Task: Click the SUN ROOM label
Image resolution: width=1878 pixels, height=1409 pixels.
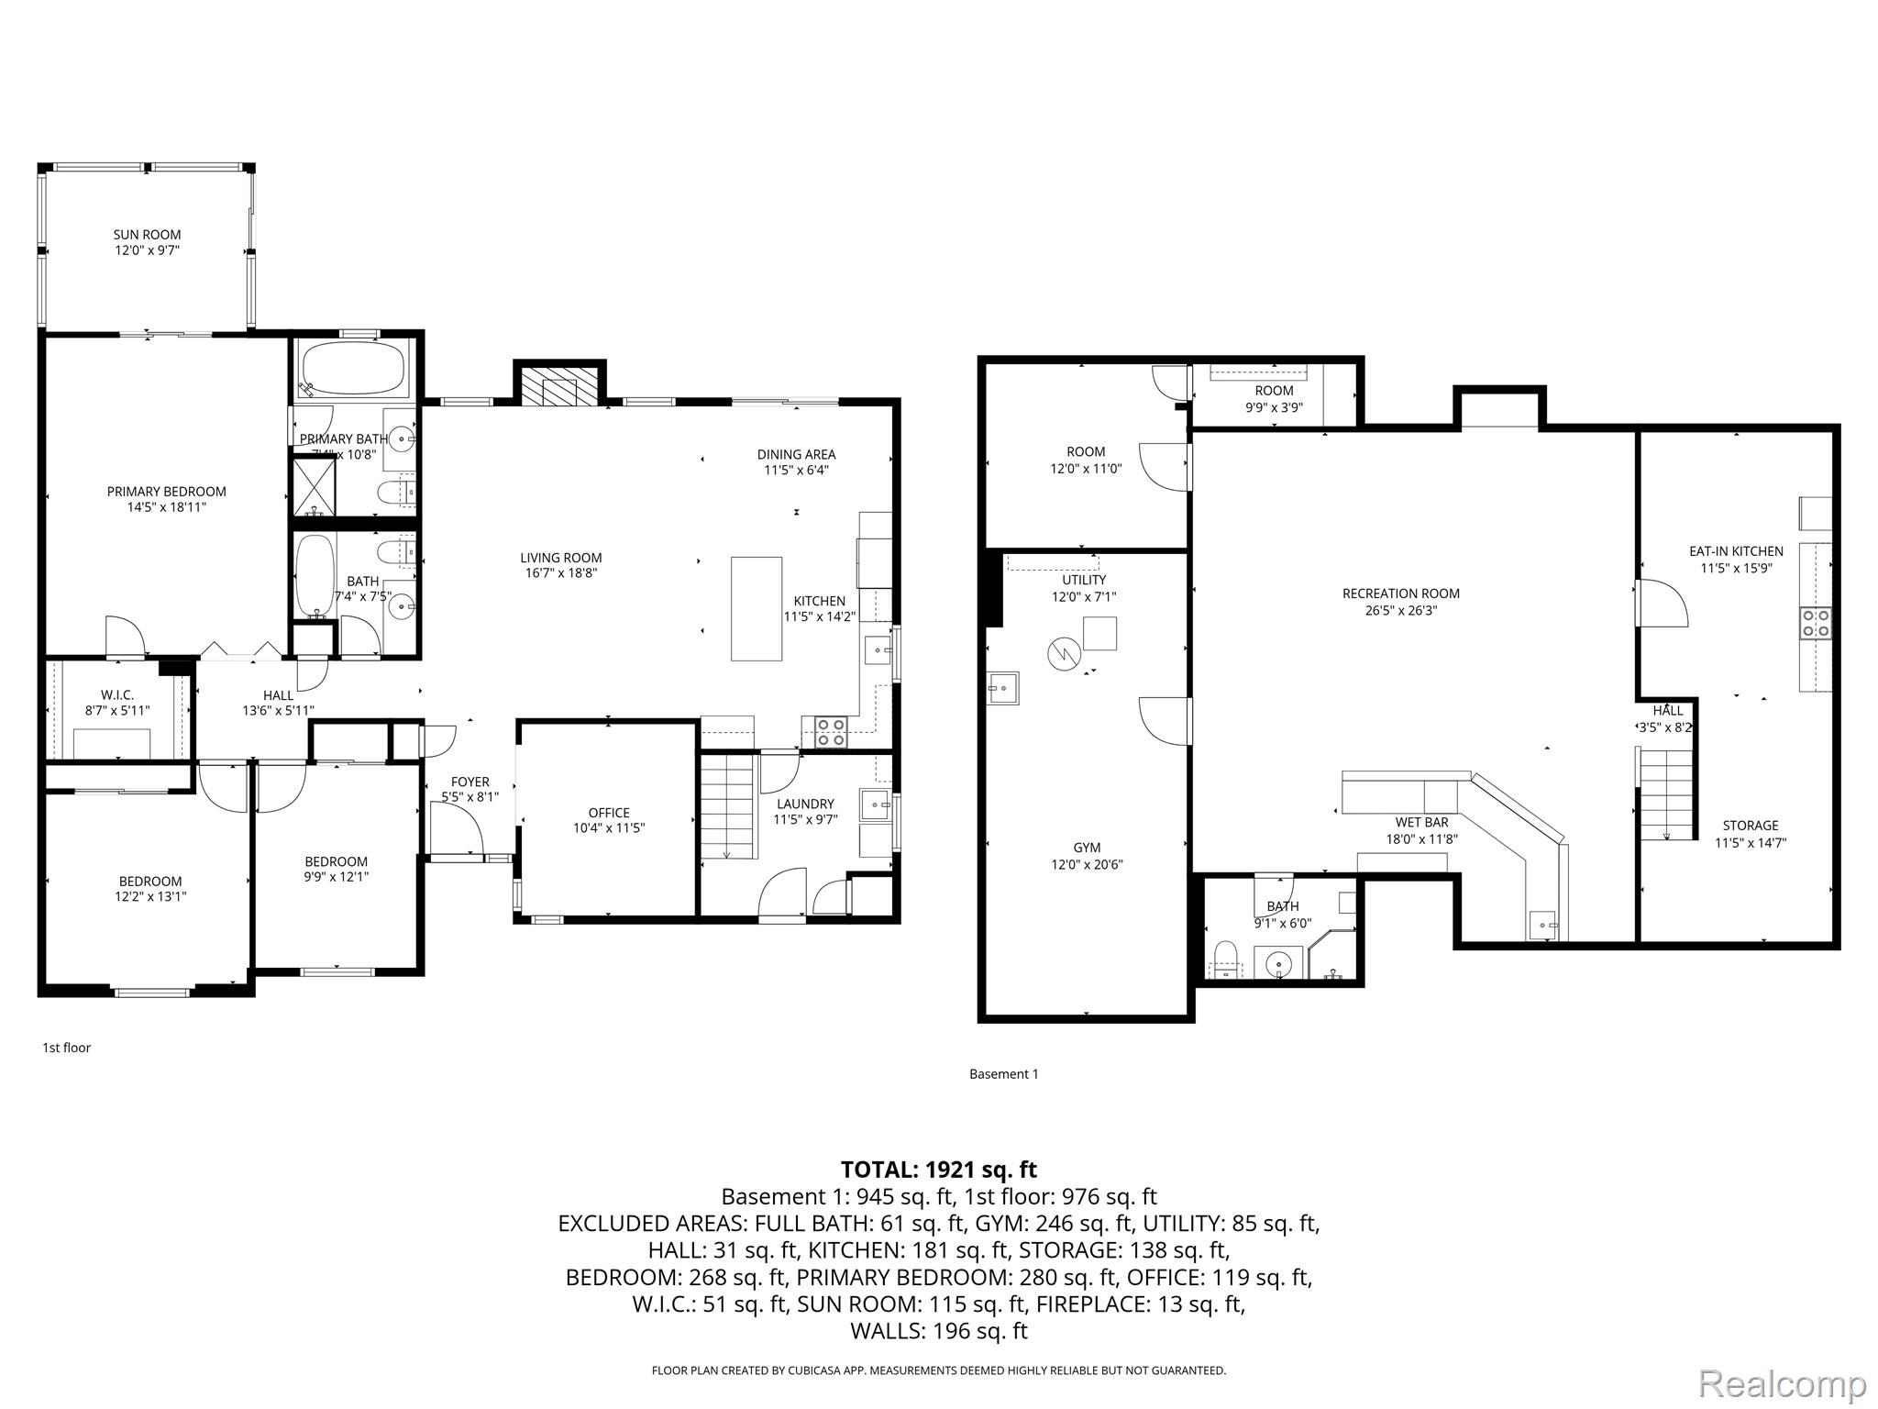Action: (147, 235)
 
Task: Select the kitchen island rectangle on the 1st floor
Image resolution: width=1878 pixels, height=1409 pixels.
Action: (757, 608)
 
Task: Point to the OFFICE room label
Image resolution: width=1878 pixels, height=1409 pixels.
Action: (609, 812)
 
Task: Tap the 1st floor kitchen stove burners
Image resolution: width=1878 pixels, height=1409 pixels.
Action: (832, 732)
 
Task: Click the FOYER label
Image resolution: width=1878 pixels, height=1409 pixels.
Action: (469, 782)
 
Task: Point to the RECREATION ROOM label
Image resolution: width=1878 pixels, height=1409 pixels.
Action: (1400, 594)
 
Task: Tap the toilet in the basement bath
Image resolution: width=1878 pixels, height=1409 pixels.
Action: (1226, 959)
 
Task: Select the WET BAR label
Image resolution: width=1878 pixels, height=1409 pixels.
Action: (1421, 822)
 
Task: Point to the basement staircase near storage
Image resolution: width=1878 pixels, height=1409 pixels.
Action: (1665, 793)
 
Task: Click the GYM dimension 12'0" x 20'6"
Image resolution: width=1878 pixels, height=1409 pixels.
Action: (1087, 864)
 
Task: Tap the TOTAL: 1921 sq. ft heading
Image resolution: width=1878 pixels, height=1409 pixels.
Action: (938, 1170)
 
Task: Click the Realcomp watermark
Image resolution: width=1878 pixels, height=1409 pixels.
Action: (1782, 1383)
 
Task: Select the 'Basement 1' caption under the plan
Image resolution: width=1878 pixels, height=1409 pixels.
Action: (1003, 1073)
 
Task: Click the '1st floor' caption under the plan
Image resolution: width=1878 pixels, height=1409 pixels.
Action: (66, 1047)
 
